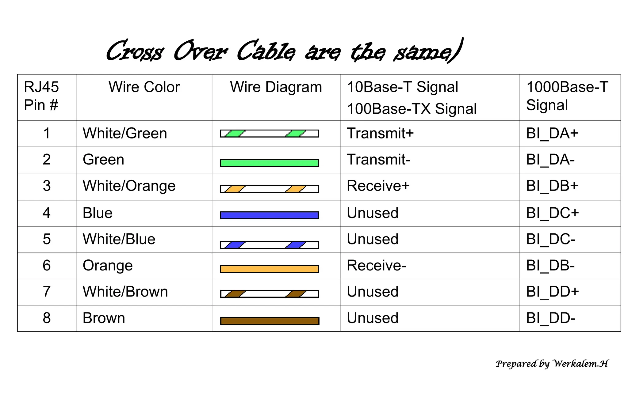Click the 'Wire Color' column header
click(x=144, y=87)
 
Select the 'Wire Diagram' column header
click(x=276, y=87)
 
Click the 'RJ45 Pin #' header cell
click(x=41, y=96)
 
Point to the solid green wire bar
click(x=269, y=163)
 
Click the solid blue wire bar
click(x=269, y=215)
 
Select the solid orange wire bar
click(x=269, y=269)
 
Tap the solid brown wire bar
click(x=269, y=321)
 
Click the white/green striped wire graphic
click(x=269, y=134)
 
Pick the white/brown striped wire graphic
click(x=269, y=294)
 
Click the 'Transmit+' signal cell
click(x=380, y=134)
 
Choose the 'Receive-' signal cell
click(x=376, y=266)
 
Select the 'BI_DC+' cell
click(x=552, y=213)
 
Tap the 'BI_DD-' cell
click(x=551, y=318)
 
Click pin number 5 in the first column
click(x=47, y=239)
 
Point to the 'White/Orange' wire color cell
click(x=129, y=186)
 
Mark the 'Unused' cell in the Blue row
click(x=373, y=213)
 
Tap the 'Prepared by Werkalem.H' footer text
click(x=552, y=364)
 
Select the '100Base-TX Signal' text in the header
click(x=412, y=109)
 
